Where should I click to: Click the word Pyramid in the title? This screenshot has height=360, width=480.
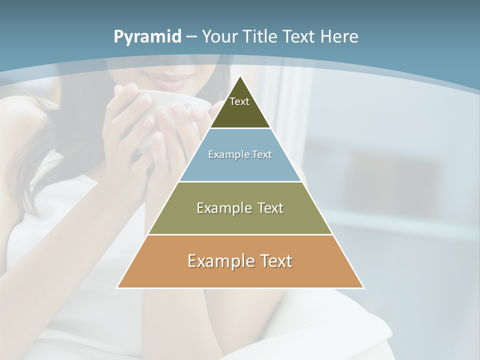(147, 37)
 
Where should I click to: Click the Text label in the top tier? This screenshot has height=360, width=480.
(239, 101)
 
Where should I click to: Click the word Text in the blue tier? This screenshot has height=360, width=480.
(262, 154)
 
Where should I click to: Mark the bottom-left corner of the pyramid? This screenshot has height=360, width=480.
(117, 287)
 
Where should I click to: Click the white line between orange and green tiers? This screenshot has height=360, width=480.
(240, 234)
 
